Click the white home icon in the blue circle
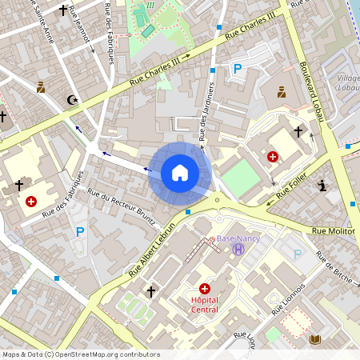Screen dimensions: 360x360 (180, 172)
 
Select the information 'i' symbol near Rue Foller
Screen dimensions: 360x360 (323, 186)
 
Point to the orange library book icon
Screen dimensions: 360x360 (315, 340)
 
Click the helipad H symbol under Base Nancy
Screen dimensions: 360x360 (238, 250)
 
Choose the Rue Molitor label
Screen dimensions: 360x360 (333, 231)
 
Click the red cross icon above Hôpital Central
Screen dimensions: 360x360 (205, 288)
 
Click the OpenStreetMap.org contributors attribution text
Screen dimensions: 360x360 (104, 354)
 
